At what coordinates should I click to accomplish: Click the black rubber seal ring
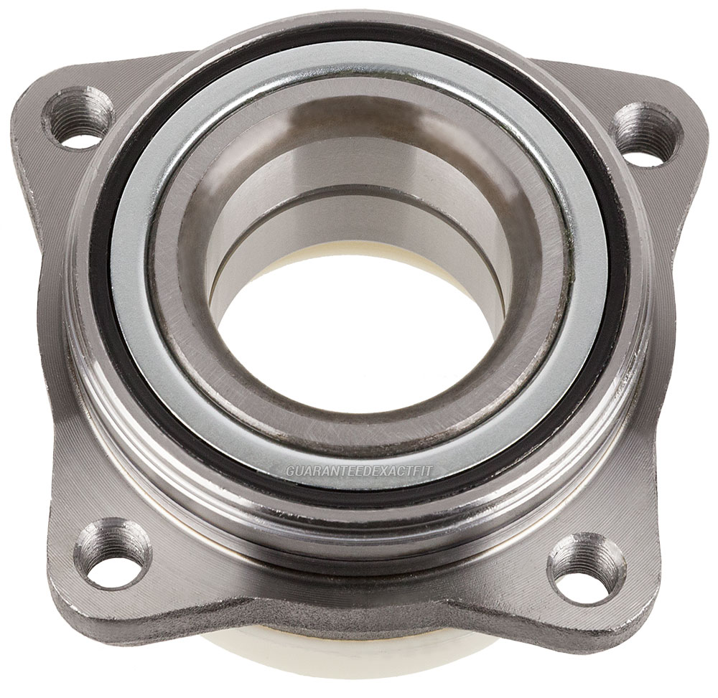(115, 301)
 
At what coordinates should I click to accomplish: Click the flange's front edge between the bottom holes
(345, 617)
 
